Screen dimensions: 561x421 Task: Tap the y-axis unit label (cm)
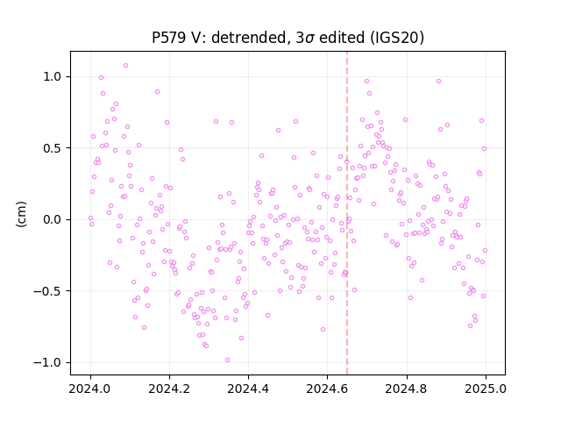(21, 214)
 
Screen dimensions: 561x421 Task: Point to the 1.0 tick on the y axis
(53, 76)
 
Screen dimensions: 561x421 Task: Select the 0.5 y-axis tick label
(53, 148)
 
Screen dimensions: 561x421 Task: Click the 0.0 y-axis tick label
(53, 219)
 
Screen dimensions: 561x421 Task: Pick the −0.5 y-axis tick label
(48, 291)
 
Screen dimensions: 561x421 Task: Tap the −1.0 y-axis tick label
(48, 362)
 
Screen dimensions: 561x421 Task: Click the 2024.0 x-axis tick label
(90, 388)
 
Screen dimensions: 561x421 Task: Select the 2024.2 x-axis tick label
(169, 388)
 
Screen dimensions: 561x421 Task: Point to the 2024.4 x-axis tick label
(248, 388)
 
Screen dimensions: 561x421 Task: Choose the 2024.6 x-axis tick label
(327, 388)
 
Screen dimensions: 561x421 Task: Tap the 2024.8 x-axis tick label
(406, 388)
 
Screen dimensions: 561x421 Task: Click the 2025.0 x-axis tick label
(486, 388)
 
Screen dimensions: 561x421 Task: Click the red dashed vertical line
(347, 213)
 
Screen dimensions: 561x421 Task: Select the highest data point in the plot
(125, 65)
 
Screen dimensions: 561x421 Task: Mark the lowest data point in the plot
(227, 360)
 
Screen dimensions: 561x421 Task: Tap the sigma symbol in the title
(309, 39)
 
